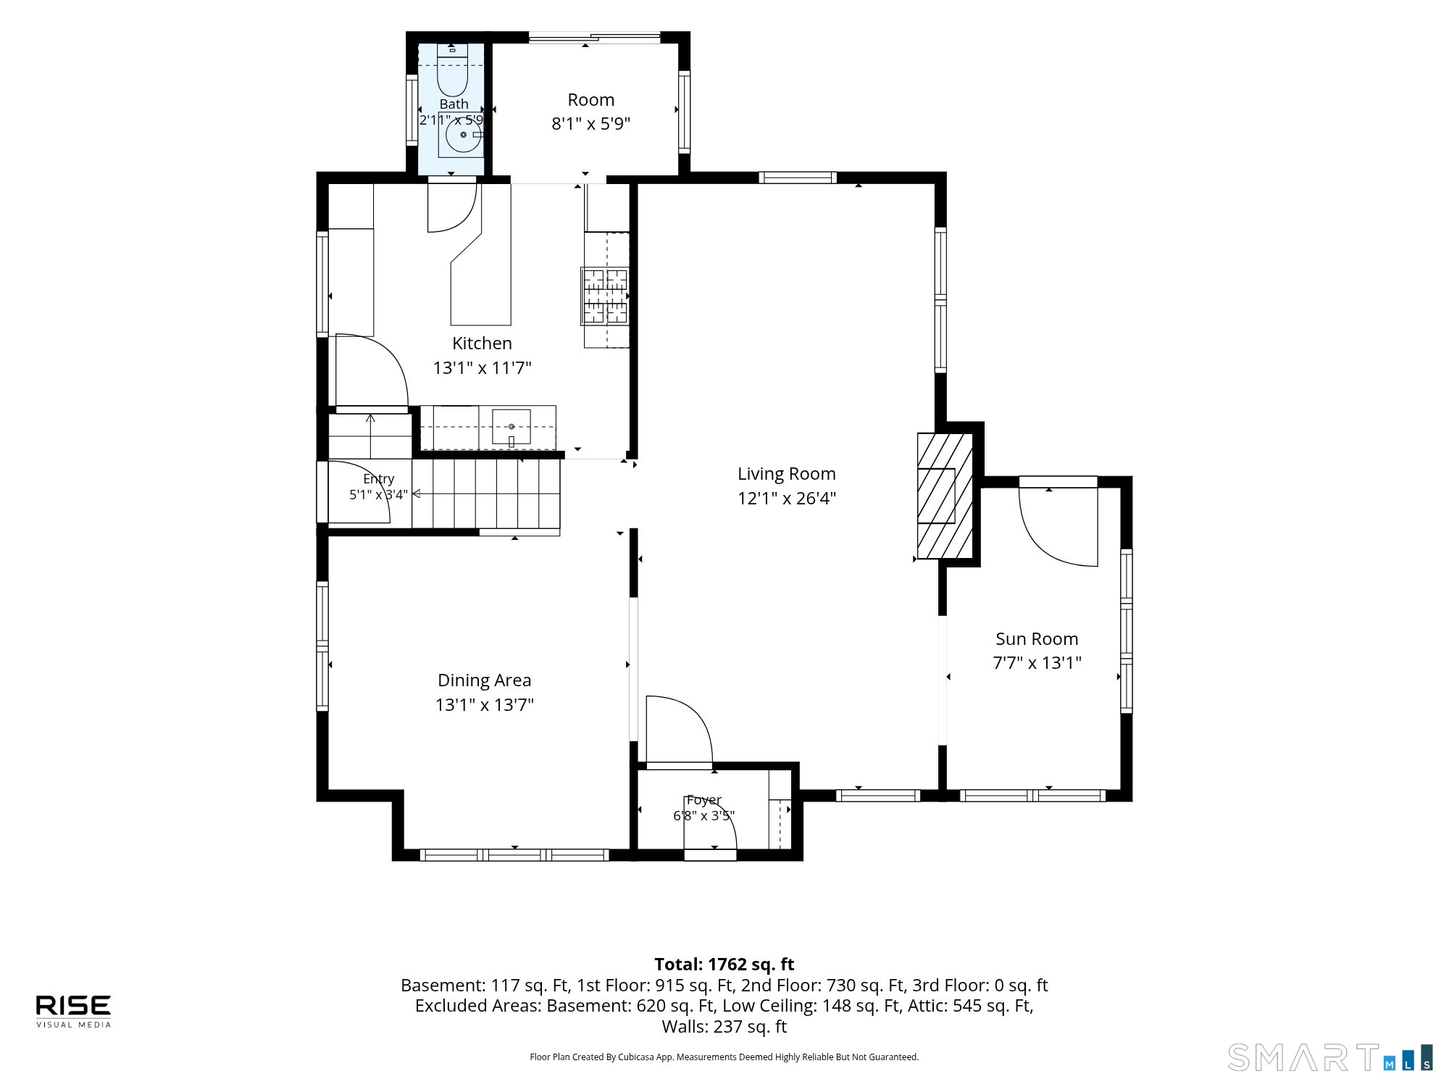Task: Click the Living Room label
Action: pos(787,474)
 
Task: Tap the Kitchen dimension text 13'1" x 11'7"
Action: pos(483,368)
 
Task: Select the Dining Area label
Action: pos(485,680)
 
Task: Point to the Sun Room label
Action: pos(1037,639)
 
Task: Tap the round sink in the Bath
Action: pos(463,135)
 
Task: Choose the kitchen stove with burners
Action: pos(604,296)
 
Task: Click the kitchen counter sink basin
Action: pos(511,427)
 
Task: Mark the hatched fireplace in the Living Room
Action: pos(945,496)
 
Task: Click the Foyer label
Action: pos(704,800)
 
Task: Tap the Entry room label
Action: pos(379,479)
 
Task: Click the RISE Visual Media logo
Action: pos(74,1011)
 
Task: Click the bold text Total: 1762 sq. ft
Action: pos(724,965)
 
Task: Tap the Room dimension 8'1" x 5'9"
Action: pos(591,124)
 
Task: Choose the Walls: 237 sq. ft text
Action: pos(724,1027)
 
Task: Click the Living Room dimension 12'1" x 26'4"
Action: pos(788,499)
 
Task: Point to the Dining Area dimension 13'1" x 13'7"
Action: pos(485,705)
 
